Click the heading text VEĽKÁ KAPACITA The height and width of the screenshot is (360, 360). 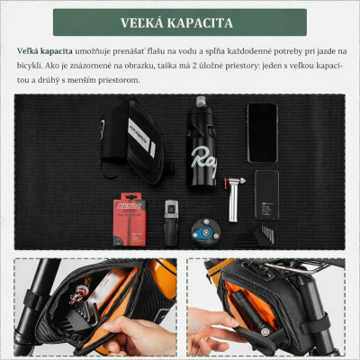point(179,22)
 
